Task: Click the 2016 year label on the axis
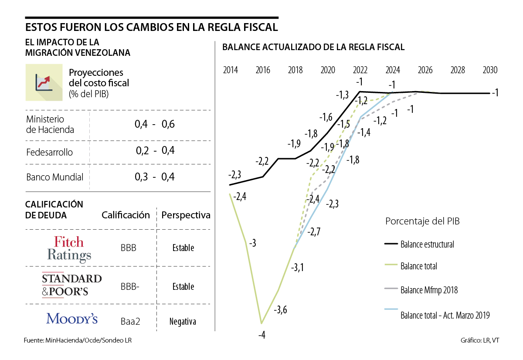tap(263, 70)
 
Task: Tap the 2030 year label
tap(490, 70)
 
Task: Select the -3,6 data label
tap(281, 310)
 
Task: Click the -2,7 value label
tap(314, 232)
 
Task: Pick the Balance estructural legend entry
tap(427, 245)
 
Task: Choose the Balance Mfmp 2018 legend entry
tap(429, 290)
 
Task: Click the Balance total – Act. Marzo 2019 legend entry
tap(445, 315)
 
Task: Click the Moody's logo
tap(72, 319)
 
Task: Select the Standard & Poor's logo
tap(71, 285)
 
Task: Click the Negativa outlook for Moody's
tap(183, 322)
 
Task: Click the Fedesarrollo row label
tap(50, 153)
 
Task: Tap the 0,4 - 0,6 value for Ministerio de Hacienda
tap(155, 124)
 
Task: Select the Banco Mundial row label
tap(55, 177)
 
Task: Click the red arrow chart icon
tap(44, 82)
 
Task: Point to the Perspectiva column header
tap(186, 215)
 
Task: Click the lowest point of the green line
tap(261, 323)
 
